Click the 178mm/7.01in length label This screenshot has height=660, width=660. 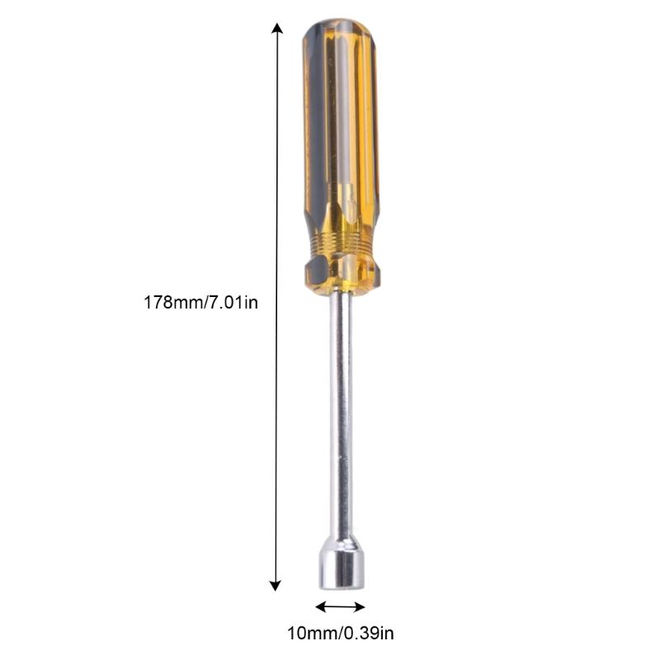[201, 303]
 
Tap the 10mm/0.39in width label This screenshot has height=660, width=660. [340, 634]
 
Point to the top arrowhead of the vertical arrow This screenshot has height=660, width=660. [277, 29]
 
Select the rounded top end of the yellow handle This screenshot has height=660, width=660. [339, 33]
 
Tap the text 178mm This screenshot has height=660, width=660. [172, 303]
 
